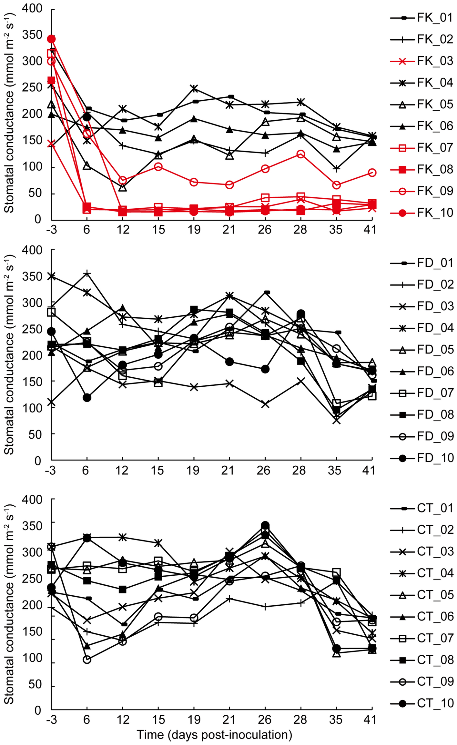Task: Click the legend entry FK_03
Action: pyautogui.click(x=435, y=61)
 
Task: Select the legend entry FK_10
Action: pyautogui.click(x=435, y=213)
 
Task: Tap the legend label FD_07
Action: pyautogui.click(x=435, y=393)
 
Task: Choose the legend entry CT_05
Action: pyautogui.click(x=435, y=595)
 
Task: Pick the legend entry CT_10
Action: pyautogui.click(x=435, y=703)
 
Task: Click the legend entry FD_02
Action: pyautogui.click(x=435, y=285)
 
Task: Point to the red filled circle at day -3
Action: pyautogui.click(x=51, y=39)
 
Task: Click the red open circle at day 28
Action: pyautogui.click(x=301, y=154)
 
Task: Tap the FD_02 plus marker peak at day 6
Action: pyautogui.click(x=87, y=274)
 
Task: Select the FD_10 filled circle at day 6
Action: pyautogui.click(x=87, y=398)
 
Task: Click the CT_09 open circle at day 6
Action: pyautogui.click(x=87, y=660)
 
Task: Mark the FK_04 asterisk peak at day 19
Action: pyautogui.click(x=194, y=88)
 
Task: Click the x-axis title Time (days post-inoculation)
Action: pyautogui.click(x=214, y=735)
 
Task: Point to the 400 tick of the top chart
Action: pyautogui.click(x=32, y=9)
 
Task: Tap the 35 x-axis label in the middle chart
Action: pyautogui.click(x=335, y=471)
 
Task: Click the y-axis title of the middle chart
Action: pyautogui.click(x=9, y=355)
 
